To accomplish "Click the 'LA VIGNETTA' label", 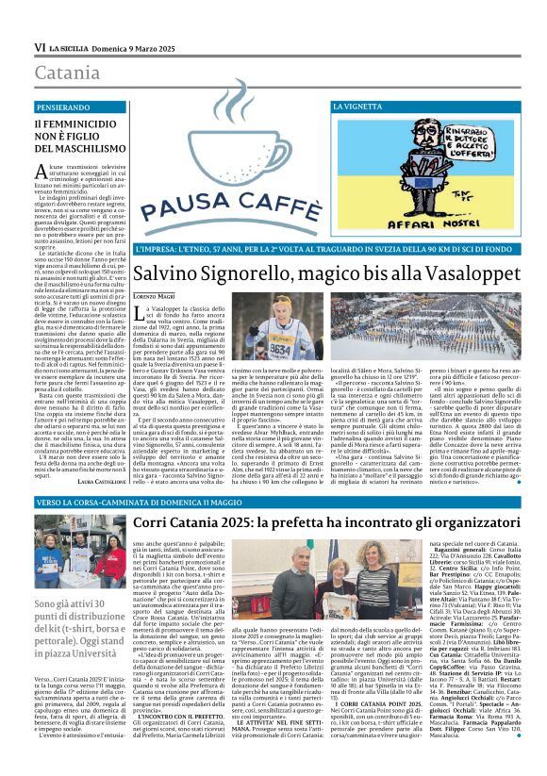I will point(359,108).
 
